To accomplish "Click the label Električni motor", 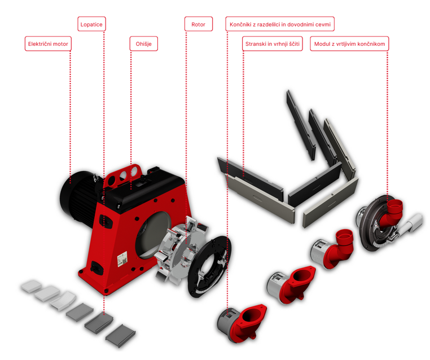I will pos(49,43).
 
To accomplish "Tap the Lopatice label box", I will pos(91,24).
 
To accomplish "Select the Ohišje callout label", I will pos(143,43).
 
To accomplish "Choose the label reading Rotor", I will pos(198,24).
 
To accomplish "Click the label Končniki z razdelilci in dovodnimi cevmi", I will pos(280,24).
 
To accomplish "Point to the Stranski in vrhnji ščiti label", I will pos(273,43).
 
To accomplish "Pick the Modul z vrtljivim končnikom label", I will pos(349,43).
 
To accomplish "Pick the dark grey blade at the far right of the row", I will pos(121,334).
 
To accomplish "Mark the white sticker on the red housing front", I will pos(121,260).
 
